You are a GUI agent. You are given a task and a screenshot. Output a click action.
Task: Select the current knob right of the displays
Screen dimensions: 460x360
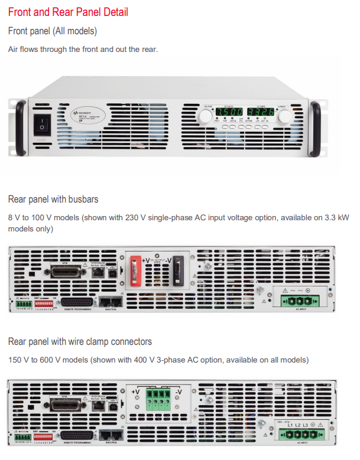coord(284,118)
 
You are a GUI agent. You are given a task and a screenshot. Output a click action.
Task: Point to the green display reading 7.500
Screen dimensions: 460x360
coord(227,112)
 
